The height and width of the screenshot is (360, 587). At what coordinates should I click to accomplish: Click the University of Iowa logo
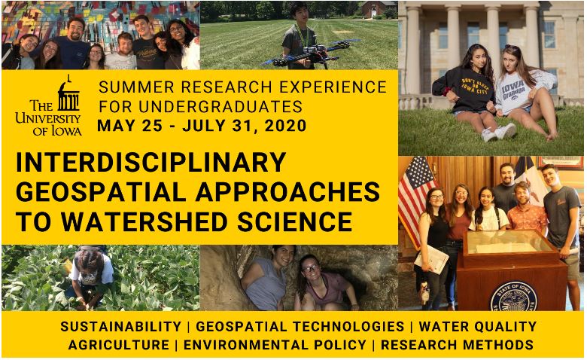tap(49, 105)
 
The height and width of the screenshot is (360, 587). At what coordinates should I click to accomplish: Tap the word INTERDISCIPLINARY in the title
tap(151, 162)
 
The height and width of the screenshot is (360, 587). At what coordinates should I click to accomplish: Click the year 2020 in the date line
tap(286, 126)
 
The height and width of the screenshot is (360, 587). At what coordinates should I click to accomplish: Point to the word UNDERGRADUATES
tap(221, 106)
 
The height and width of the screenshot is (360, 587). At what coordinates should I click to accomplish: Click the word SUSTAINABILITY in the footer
tap(121, 327)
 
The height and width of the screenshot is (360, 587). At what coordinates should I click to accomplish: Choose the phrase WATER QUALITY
tap(478, 327)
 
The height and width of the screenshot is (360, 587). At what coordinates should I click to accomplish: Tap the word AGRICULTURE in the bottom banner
tap(119, 345)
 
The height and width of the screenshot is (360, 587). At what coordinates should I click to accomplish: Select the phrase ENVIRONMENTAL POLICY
tap(275, 345)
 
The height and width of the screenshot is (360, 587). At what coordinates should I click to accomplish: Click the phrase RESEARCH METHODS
tap(457, 345)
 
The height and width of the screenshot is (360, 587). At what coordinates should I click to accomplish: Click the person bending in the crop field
tap(89, 277)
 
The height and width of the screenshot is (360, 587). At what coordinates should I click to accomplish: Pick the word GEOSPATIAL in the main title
tap(101, 192)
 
